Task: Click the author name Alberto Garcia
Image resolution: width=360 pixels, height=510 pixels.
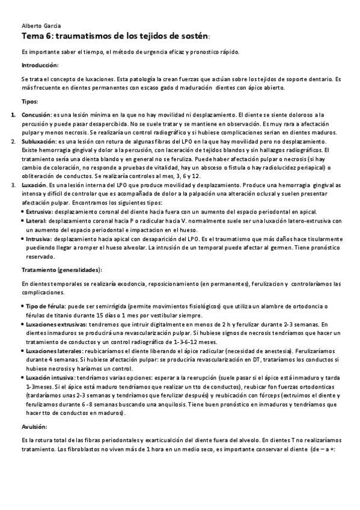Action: click(x=36, y=27)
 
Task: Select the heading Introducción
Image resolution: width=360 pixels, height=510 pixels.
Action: click(x=40, y=65)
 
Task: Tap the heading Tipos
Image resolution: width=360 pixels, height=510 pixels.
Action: click(x=29, y=102)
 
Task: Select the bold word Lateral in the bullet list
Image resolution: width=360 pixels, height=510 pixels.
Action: click(x=36, y=221)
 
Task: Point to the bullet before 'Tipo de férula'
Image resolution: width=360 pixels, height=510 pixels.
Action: click(x=23, y=307)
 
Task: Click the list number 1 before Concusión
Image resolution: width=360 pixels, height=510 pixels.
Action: click(x=13, y=114)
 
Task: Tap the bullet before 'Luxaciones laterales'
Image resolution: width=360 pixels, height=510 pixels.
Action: click(x=23, y=351)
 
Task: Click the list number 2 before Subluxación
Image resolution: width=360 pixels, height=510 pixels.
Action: click(x=13, y=141)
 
